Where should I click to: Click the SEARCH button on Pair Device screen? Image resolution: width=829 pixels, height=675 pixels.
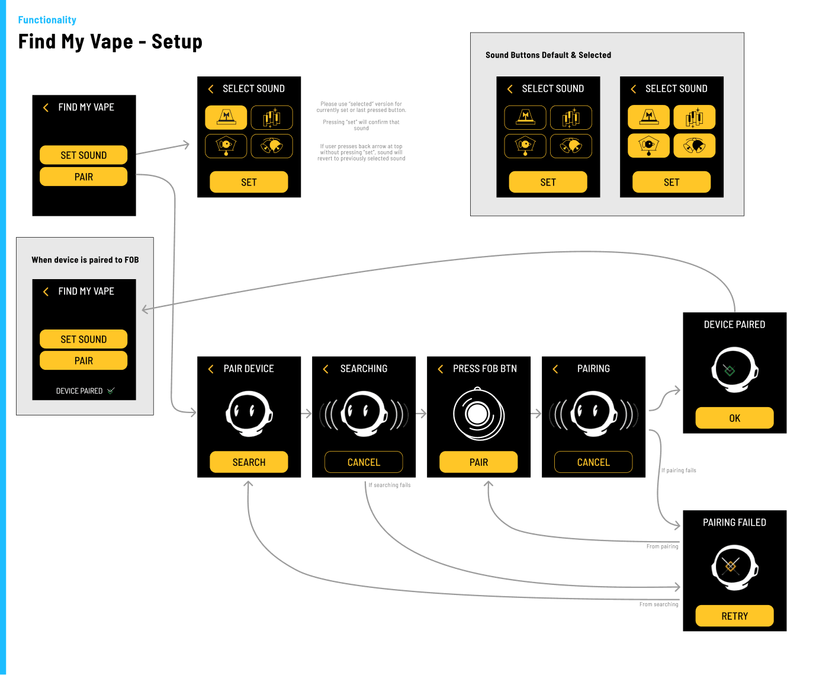pyautogui.click(x=248, y=462)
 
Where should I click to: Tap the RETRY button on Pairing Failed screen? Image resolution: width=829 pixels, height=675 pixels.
pyautogui.click(x=734, y=615)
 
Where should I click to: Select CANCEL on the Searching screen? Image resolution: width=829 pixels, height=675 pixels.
pyautogui.click(x=363, y=462)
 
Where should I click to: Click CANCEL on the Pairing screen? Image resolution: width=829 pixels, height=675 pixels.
pyautogui.click(x=593, y=462)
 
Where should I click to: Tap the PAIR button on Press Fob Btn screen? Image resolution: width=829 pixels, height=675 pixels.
pyautogui.click(x=478, y=462)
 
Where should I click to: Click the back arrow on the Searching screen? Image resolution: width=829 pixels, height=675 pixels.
pyautogui.click(x=325, y=369)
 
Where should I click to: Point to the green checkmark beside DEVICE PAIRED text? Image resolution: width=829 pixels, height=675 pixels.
pyautogui.click(x=111, y=391)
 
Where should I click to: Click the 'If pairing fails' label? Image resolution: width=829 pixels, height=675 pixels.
pyautogui.click(x=679, y=470)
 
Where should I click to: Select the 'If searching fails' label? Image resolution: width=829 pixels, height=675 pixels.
pyautogui.click(x=389, y=485)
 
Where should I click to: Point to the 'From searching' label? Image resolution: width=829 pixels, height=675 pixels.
pyautogui.click(x=658, y=604)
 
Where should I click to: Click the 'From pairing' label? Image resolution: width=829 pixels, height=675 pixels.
pyautogui.click(x=662, y=546)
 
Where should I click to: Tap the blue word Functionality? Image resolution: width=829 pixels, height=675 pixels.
pyautogui.click(x=47, y=20)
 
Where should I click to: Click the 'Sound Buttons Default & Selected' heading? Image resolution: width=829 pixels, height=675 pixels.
pyautogui.click(x=548, y=55)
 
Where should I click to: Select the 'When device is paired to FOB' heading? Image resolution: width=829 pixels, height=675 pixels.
pyautogui.click(x=85, y=260)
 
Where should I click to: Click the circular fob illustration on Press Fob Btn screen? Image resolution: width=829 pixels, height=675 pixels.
pyautogui.click(x=478, y=414)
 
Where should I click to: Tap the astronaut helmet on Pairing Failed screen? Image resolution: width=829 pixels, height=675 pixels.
pyautogui.click(x=734, y=567)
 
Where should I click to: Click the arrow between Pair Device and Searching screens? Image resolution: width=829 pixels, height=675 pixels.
pyautogui.click(x=306, y=413)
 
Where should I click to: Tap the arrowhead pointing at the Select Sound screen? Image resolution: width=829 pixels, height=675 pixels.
pyautogui.click(x=186, y=145)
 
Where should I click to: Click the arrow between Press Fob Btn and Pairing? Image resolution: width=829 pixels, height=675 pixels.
pyautogui.click(x=535, y=413)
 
